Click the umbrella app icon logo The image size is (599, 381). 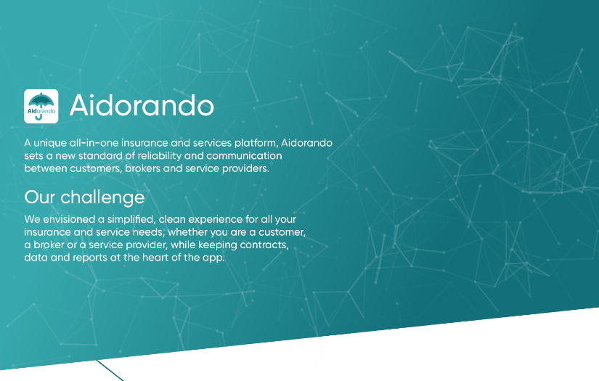41,106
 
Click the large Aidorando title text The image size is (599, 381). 142,106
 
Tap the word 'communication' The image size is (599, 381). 244,156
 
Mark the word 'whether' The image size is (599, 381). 187,232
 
